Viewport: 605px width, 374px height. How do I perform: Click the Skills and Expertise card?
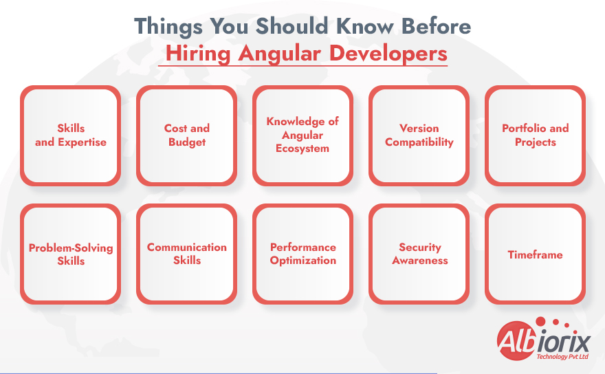[71, 135]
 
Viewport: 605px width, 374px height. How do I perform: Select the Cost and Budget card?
[187, 135]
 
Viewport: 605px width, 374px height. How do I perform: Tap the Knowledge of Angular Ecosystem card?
[303, 135]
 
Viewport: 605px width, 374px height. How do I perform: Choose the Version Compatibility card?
[419, 135]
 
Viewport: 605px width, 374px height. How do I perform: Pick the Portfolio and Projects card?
[536, 135]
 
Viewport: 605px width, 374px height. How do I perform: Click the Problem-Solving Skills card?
[71, 254]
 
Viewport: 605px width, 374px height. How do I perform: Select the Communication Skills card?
[187, 254]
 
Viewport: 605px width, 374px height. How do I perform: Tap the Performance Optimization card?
[303, 254]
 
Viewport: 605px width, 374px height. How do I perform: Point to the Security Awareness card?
[419, 254]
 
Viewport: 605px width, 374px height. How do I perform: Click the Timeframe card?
[536, 254]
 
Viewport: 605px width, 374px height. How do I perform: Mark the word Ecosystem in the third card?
[302, 148]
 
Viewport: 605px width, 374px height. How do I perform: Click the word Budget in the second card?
[187, 142]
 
